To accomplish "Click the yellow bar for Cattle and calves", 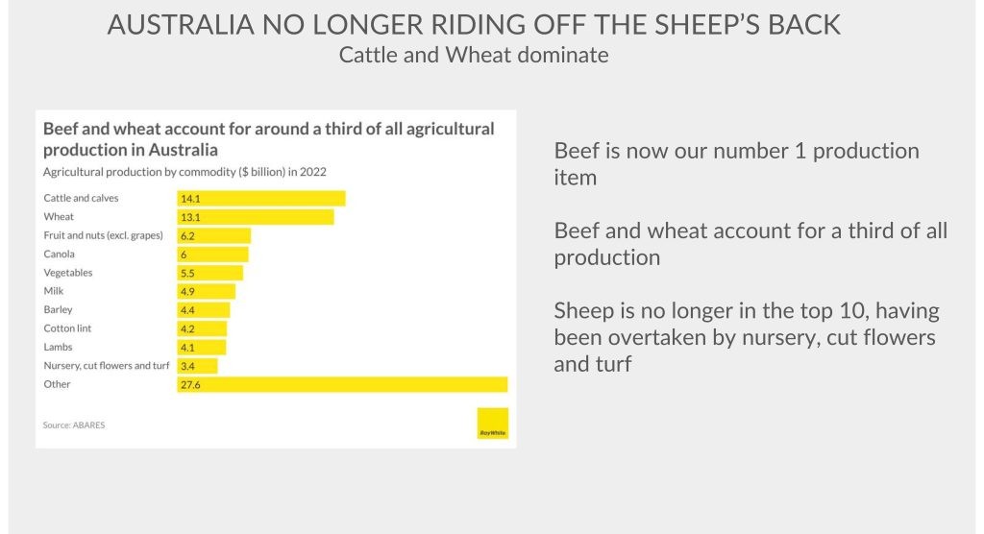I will [x=261, y=199].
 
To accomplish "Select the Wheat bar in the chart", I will [x=256, y=217].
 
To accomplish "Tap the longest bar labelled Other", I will [x=342, y=384].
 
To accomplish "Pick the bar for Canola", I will [x=213, y=255].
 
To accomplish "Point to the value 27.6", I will [x=190, y=384].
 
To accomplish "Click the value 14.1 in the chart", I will [x=190, y=199].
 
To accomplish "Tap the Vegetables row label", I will [x=68, y=273].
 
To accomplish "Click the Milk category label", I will [x=54, y=291].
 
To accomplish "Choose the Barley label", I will [x=58, y=310].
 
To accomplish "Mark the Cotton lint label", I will [x=67, y=328].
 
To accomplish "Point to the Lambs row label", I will [x=58, y=347].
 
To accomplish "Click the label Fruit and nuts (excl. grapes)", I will [x=104, y=235].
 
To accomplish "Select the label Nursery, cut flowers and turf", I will [x=107, y=366].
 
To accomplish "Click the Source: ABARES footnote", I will [x=74, y=425].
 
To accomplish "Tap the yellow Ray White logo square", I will [x=492, y=424].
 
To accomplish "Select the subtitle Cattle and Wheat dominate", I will [x=474, y=55].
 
